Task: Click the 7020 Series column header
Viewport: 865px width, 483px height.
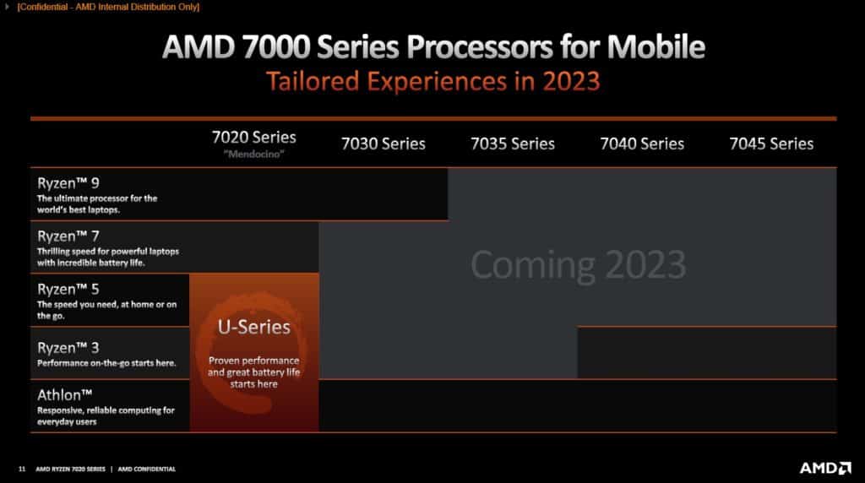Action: pyautogui.click(x=253, y=137)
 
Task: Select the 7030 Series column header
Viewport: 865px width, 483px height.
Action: pyautogui.click(x=384, y=144)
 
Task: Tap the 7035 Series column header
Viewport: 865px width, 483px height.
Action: pyautogui.click(x=513, y=144)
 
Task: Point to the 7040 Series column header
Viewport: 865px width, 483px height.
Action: pyautogui.click(x=642, y=144)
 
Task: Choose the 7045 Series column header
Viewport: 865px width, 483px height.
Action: pyautogui.click(x=771, y=144)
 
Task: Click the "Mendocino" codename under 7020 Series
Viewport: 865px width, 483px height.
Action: pyautogui.click(x=253, y=155)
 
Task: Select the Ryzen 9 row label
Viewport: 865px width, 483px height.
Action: pyautogui.click(x=68, y=183)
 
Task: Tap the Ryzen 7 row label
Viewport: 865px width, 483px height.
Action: pyautogui.click(x=68, y=236)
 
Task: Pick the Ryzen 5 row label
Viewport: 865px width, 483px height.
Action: pyautogui.click(x=68, y=289)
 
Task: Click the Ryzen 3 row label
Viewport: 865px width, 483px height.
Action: pyautogui.click(x=68, y=348)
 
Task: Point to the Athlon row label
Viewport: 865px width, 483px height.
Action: pyautogui.click(x=64, y=395)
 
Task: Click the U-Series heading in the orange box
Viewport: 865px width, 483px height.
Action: pyautogui.click(x=253, y=327)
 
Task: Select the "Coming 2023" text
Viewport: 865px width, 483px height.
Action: pyautogui.click(x=578, y=264)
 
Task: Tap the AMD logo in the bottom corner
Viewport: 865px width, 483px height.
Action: pyautogui.click(x=825, y=468)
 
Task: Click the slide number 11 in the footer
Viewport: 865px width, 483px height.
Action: pyautogui.click(x=22, y=469)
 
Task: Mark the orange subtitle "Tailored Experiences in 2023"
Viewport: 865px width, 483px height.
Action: pyautogui.click(x=433, y=81)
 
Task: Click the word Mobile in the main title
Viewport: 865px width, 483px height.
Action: pyautogui.click(x=656, y=46)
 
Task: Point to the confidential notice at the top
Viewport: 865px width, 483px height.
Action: pyautogui.click(x=108, y=7)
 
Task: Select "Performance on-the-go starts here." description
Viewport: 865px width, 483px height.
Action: pyautogui.click(x=106, y=363)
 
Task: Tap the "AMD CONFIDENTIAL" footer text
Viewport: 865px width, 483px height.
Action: pyautogui.click(x=147, y=469)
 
